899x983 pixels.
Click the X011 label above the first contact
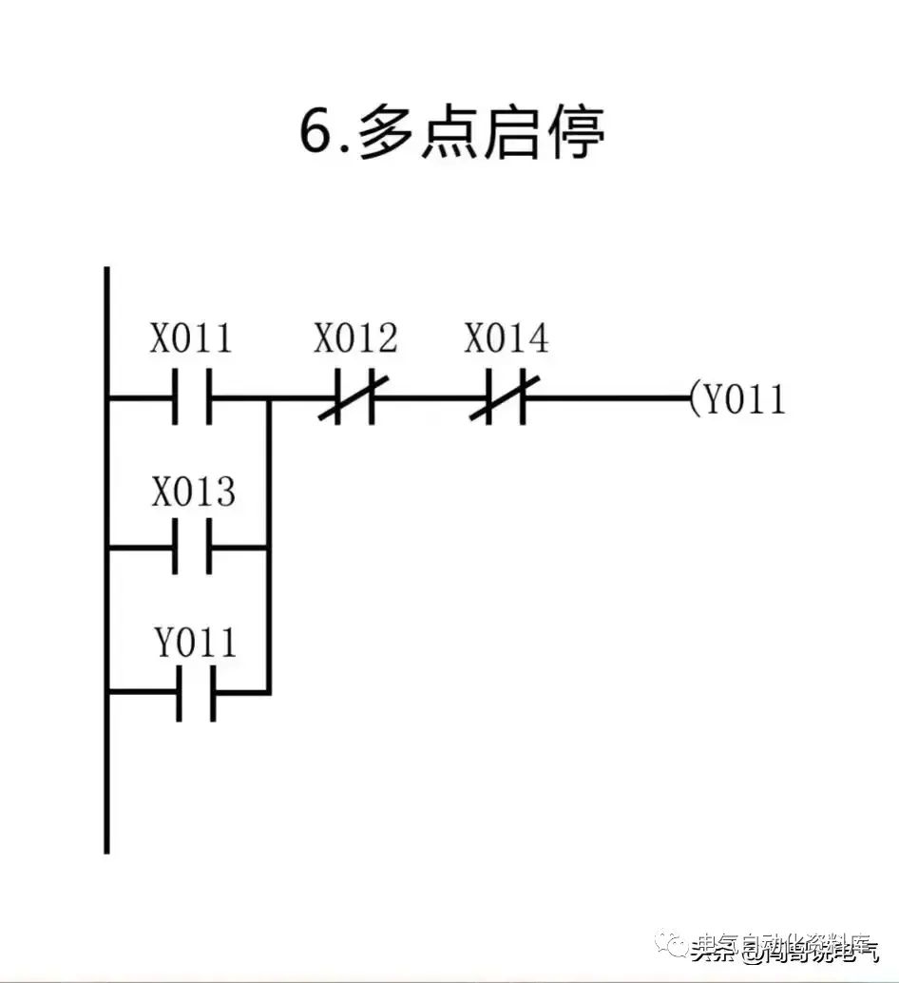[190, 338]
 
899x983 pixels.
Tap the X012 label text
[355, 338]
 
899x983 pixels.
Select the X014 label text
[506, 338]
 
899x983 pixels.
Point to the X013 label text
[193, 492]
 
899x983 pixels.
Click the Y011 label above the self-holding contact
[196, 644]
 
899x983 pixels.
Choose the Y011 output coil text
[744, 399]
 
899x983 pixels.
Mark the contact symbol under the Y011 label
[196, 693]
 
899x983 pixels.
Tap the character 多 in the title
[388, 134]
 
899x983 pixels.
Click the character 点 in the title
[449, 134]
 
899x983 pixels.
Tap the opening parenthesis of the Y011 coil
[694, 399]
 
